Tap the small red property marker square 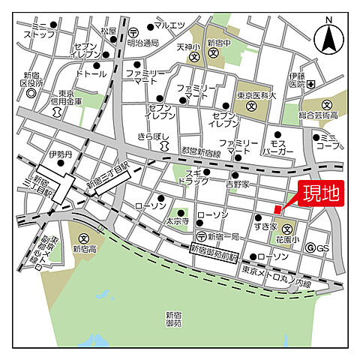tap(277, 209)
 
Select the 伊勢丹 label tap(58, 154)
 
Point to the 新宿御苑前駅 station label tap(213, 248)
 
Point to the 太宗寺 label tap(177, 221)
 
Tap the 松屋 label tap(109, 31)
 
